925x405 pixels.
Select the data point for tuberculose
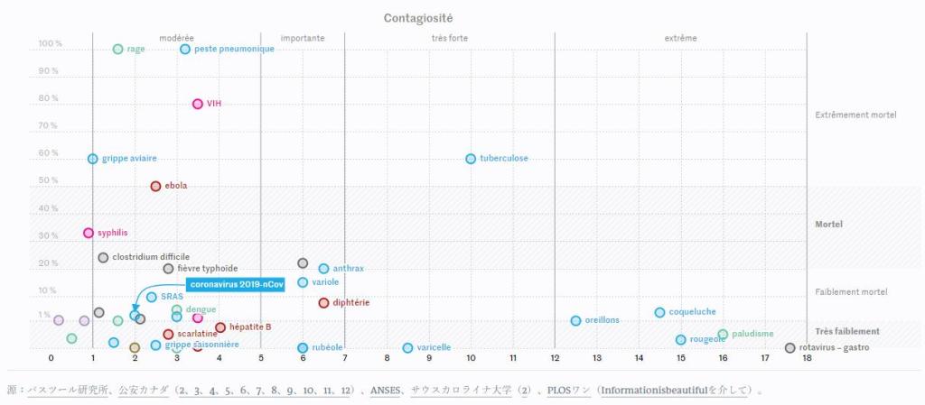pos(471,159)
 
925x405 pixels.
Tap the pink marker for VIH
pos(198,104)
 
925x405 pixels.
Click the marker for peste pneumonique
pos(185,49)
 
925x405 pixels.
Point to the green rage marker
pos(117,49)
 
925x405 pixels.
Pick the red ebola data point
pos(155,186)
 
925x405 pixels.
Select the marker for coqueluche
pos(659,312)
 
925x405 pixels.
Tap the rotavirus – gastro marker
pos(790,347)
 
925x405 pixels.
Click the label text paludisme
pos(752,334)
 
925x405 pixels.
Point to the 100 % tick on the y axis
pos(50,43)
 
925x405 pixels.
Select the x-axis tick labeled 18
pos(807,358)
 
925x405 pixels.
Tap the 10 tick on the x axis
pos(471,358)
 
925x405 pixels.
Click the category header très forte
pos(450,38)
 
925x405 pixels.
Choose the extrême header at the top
pos(680,38)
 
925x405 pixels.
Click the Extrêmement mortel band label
pos(855,115)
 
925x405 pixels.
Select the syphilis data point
pos(89,233)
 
